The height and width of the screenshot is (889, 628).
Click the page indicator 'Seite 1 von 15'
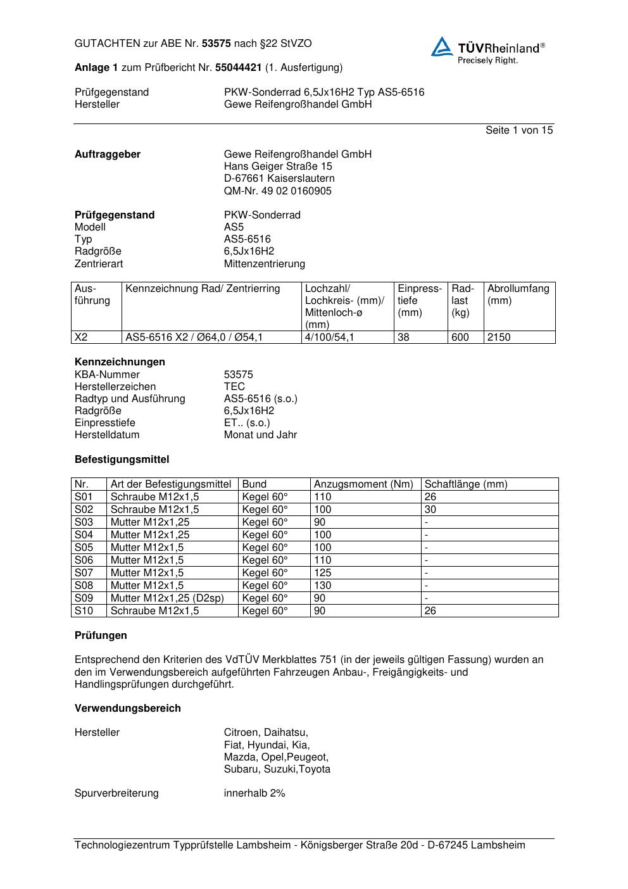click(x=518, y=130)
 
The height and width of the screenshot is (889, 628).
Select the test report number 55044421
click(x=239, y=68)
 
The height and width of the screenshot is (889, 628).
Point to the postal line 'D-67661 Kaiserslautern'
click(x=279, y=179)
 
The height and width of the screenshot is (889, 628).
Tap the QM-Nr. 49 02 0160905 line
click(x=277, y=191)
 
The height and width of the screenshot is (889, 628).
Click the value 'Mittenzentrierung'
click(x=264, y=264)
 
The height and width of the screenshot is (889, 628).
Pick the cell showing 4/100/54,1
click(x=329, y=337)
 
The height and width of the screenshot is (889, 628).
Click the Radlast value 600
click(x=460, y=337)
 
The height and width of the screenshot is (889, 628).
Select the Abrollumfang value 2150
click(x=499, y=337)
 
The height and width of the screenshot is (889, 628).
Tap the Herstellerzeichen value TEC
click(x=234, y=387)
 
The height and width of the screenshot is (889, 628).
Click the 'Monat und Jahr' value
click(x=260, y=435)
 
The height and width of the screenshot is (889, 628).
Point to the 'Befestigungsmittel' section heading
click(x=122, y=460)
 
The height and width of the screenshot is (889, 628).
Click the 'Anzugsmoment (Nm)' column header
click(x=363, y=484)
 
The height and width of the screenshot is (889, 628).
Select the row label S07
click(x=84, y=573)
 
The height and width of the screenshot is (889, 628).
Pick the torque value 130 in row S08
click(x=322, y=586)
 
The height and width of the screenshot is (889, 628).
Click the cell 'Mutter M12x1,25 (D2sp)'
click(x=167, y=598)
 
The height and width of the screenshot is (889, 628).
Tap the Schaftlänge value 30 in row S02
click(x=430, y=510)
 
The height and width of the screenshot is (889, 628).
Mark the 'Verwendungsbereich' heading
click(x=127, y=709)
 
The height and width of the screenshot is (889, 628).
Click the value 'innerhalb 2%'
click(x=254, y=793)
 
